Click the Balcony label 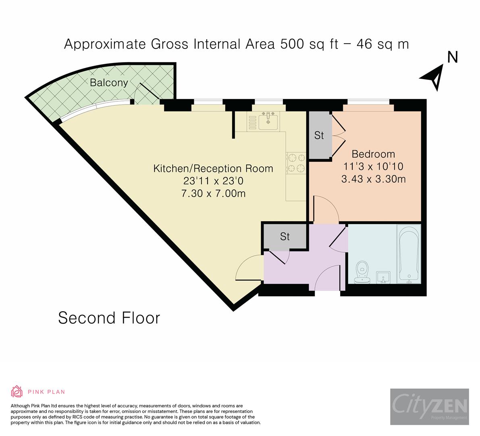click(x=109, y=82)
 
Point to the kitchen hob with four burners click(x=296, y=163)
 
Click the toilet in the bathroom click(x=362, y=272)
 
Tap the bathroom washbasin click(x=383, y=277)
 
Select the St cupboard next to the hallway click(x=285, y=237)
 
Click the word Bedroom click(x=373, y=154)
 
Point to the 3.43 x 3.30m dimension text click(x=374, y=179)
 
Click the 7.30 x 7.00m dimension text click(x=213, y=193)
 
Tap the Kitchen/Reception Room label click(x=213, y=169)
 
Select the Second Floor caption click(x=109, y=318)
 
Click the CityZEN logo click(x=430, y=407)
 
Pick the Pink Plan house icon click(x=17, y=392)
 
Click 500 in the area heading click(x=292, y=44)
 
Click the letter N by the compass click(x=453, y=57)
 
